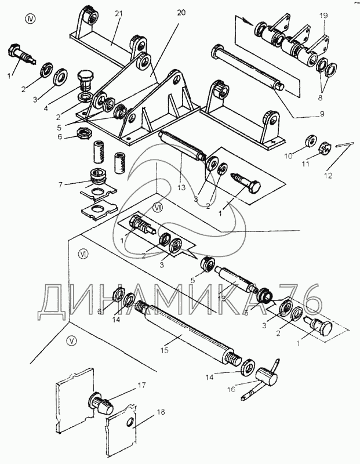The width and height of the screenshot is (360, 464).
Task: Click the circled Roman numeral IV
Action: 30,19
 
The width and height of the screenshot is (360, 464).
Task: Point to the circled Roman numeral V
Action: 71,340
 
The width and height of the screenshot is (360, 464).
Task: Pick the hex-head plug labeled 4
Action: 85,78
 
